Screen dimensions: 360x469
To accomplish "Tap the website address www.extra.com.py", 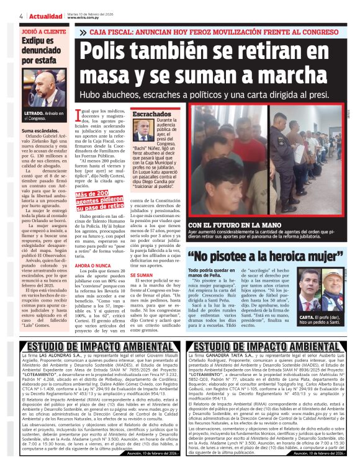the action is point(84,18).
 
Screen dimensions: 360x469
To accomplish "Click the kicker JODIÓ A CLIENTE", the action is point(42,30).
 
